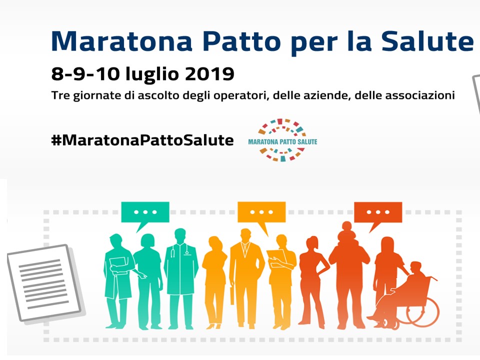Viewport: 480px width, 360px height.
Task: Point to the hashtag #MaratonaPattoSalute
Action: pos(142,140)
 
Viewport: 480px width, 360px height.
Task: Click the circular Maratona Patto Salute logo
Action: pos(282,140)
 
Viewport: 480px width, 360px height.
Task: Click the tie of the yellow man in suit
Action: pos(245,249)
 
